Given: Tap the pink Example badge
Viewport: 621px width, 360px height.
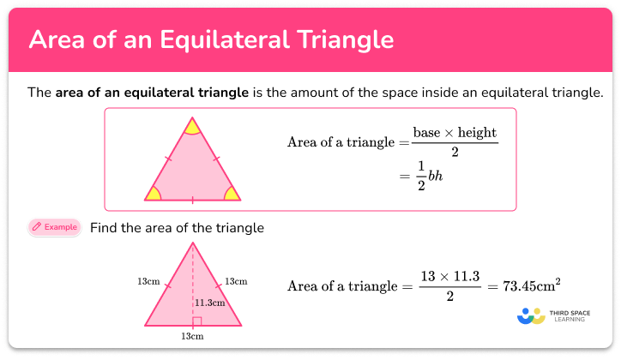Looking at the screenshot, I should [x=54, y=227].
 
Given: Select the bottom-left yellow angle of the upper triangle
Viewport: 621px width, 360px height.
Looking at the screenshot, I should [x=154, y=194].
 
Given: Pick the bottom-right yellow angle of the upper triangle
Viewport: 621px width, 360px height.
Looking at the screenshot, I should [x=232, y=194].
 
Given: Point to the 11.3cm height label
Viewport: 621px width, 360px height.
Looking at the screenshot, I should [x=209, y=303].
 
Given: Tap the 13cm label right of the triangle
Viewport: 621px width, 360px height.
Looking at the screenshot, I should [x=236, y=281].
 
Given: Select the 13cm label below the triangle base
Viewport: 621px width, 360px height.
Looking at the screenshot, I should [x=192, y=337].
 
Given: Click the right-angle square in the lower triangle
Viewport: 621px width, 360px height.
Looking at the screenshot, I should [x=196, y=321].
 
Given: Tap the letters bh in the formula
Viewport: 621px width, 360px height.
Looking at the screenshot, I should [x=437, y=176].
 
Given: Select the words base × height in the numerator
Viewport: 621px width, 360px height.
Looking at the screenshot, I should [x=455, y=134].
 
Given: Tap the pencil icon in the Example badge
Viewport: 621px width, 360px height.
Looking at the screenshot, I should [x=37, y=227].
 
